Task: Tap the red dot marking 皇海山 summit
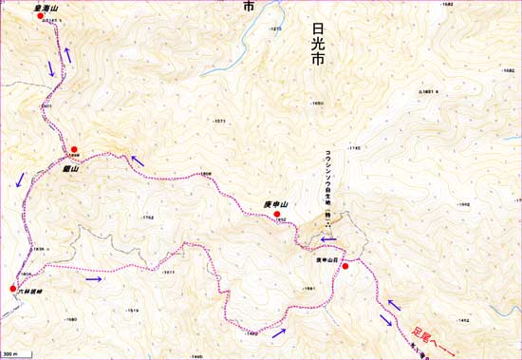tap(40, 16)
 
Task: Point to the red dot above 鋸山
tap(73, 148)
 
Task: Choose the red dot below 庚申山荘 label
tap(346, 267)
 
